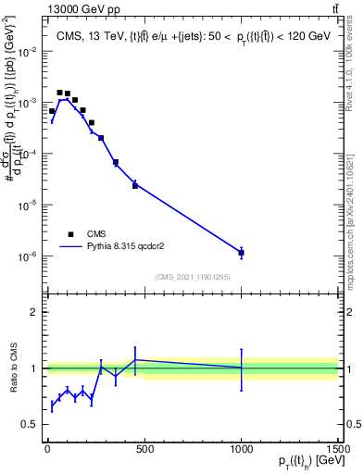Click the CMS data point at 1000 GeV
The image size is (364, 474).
[241, 252]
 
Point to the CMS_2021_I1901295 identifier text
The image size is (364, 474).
[193, 276]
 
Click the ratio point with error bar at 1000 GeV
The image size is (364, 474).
[241, 368]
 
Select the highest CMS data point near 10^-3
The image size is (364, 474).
[59, 93]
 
